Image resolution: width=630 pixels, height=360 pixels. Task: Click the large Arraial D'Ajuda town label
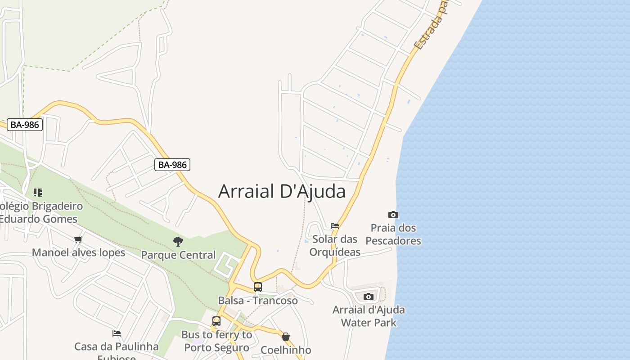[282, 191]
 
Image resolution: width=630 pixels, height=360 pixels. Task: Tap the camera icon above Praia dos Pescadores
[393, 215]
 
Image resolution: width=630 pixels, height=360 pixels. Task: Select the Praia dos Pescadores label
[393, 234]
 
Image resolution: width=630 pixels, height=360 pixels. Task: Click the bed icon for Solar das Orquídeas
[334, 226]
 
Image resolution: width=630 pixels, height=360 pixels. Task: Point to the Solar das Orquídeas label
[335, 245]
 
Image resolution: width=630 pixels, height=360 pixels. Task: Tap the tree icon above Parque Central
[178, 242]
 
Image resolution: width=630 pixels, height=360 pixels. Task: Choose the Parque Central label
[178, 255]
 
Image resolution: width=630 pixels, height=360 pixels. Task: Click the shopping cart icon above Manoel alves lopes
[78, 239]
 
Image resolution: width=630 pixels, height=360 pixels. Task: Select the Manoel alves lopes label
[78, 252]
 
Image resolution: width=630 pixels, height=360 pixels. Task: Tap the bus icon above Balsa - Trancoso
[258, 287]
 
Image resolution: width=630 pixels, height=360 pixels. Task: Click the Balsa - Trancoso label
[258, 301]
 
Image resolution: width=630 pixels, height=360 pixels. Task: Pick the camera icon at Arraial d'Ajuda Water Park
[369, 297]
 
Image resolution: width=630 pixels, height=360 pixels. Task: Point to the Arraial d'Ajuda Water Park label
[369, 316]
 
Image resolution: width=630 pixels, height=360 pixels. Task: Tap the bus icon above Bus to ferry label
[216, 321]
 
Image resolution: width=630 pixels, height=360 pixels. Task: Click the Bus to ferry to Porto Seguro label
[216, 341]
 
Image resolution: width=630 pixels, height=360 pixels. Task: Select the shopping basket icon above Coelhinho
[286, 337]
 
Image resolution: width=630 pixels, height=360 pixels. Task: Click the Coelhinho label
[286, 350]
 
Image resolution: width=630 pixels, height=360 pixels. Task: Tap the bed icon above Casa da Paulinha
[117, 333]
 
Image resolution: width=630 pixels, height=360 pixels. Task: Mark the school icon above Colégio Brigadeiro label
[38, 193]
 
